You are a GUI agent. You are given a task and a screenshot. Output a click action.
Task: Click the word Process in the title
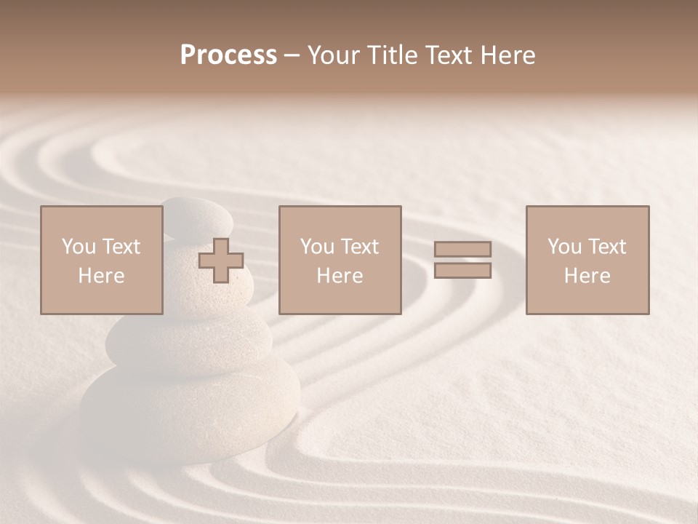(x=228, y=55)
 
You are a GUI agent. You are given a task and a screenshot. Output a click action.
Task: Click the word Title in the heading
(x=389, y=55)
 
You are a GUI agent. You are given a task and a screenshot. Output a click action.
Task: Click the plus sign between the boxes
(x=221, y=261)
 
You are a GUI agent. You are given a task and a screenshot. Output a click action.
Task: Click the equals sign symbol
(x=462, y=260)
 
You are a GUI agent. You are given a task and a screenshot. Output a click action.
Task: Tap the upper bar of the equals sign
(x=462, y=250)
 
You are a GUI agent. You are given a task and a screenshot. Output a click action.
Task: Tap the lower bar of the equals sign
(x=462, y=271)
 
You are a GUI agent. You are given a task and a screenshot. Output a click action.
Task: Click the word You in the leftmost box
(x=77, y=247)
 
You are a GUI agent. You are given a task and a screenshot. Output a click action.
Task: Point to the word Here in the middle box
(x=340, y=276)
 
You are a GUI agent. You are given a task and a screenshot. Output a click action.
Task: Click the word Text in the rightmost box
(x=606, y=247)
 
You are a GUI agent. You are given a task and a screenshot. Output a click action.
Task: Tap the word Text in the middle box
(x=359, y=247)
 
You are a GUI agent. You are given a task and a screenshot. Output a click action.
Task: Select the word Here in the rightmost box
(x=587, y=276)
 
